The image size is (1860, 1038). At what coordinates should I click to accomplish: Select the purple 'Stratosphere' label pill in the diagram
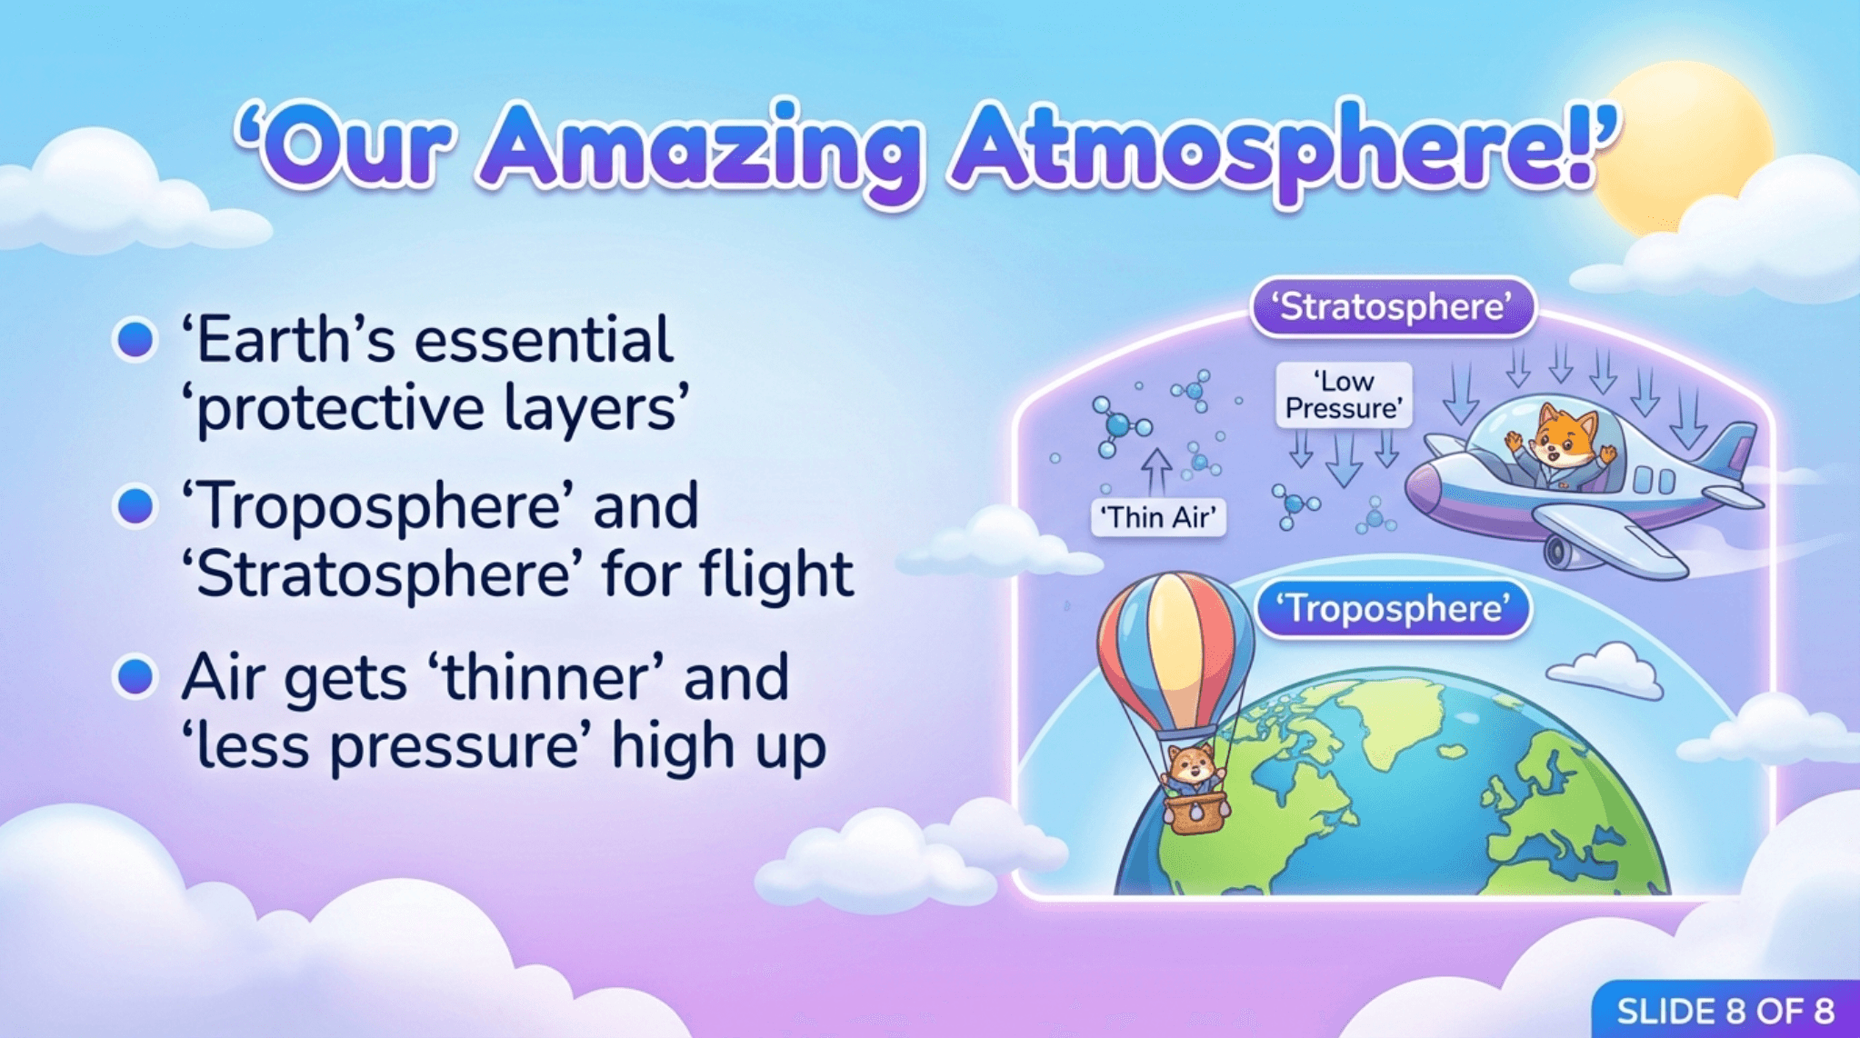click(x=1394, y=307)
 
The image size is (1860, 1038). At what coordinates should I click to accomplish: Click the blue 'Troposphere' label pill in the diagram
click(x=1394, y=608)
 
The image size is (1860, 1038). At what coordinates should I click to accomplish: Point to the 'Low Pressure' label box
click(x=1344, y=394)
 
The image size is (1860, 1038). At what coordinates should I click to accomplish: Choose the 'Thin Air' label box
click(x=1158, y=517)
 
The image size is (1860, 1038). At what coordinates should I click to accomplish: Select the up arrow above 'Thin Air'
click(x=1156, y=472)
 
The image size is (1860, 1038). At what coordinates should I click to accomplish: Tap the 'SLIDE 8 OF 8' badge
click(x=1725, y=1010)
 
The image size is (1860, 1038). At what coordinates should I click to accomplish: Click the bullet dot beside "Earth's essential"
click(x=135, y=340)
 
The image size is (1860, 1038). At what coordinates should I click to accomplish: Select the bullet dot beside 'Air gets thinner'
click(x=135, y=677)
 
